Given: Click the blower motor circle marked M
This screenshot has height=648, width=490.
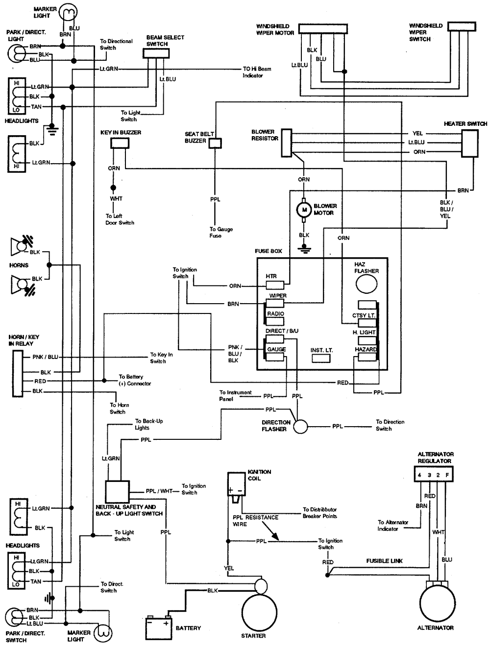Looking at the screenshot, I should tap(304, 210).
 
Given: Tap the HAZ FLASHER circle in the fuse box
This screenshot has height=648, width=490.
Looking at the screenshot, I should tap(366, 284).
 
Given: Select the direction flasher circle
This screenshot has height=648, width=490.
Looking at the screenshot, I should tap(300, 426).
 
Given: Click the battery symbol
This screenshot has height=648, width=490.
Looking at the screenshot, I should tap(158, 627).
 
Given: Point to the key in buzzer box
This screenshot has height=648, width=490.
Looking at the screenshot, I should tap(120, 143).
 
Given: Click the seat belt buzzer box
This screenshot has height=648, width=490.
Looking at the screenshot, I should tap(215, 143).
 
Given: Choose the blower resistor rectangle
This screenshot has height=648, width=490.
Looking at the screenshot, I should tap(287, 143).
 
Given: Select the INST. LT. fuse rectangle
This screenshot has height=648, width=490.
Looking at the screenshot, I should tap(321, 359).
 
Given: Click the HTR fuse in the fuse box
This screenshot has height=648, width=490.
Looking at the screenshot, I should tap(275, 285).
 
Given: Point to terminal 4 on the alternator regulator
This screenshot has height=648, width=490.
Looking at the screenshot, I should tap(419, 475).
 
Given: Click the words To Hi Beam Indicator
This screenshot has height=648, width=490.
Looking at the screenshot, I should tap(257, 72).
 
